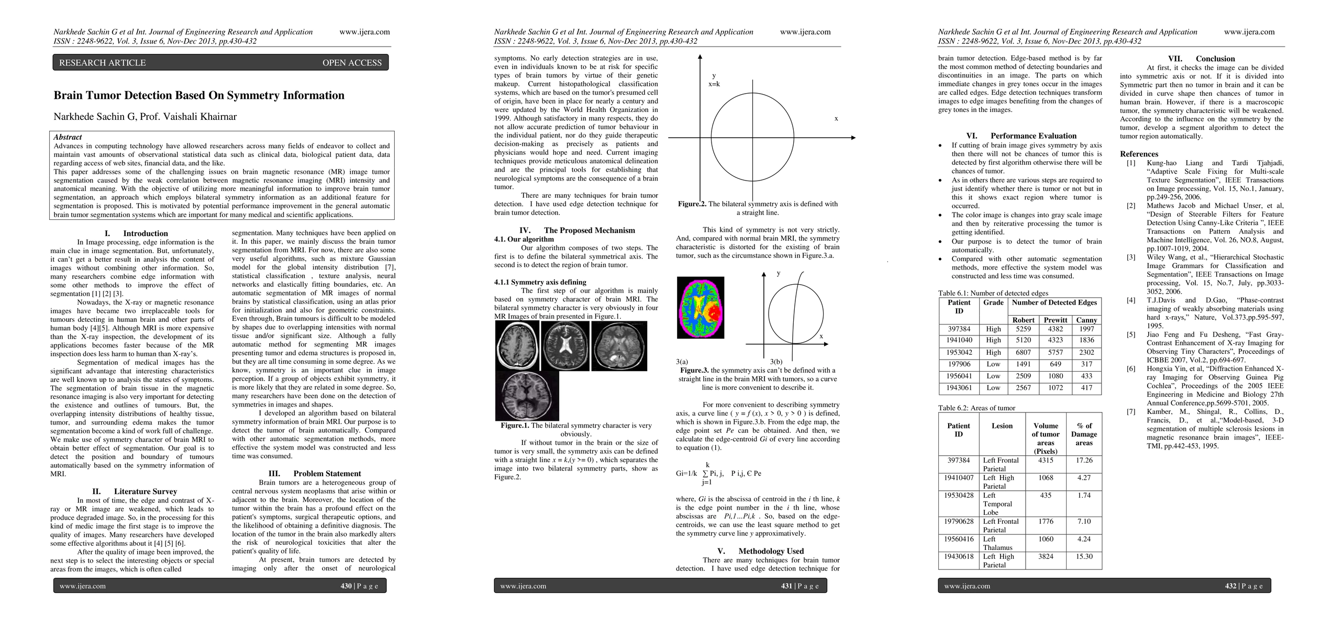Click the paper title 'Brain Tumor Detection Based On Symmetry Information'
199,95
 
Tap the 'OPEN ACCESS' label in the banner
352,63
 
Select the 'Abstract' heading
68,137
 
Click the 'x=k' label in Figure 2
714,84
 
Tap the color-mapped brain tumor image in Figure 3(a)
701,308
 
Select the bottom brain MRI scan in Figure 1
527,396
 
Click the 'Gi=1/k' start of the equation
686,474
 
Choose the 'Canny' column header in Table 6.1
1086,320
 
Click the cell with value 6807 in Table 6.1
1023,353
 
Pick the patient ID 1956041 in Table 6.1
959,376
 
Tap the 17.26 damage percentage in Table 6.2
1084,461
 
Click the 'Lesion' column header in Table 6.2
1002,426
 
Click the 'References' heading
1139,154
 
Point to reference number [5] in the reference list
1131,334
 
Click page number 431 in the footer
786,586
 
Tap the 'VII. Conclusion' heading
1201,59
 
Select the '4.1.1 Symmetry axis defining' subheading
540,282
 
